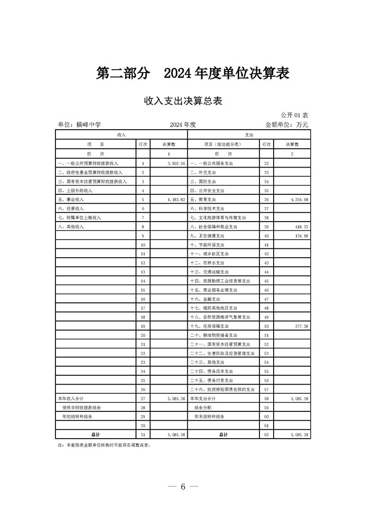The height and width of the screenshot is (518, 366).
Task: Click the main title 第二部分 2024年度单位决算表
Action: coord(192,73)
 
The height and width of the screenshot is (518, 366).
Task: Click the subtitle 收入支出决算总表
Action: coord(183,101)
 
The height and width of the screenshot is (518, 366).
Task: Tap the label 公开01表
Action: coord(294,114)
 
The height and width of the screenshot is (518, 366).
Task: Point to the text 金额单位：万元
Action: coord(286,125)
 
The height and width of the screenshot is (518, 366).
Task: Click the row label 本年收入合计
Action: coord(70,398)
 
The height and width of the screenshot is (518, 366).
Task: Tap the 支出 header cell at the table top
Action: coord(249,134)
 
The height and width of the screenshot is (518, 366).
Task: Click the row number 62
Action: coord(266,434)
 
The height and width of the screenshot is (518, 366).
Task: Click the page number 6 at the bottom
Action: coord(183,487)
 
